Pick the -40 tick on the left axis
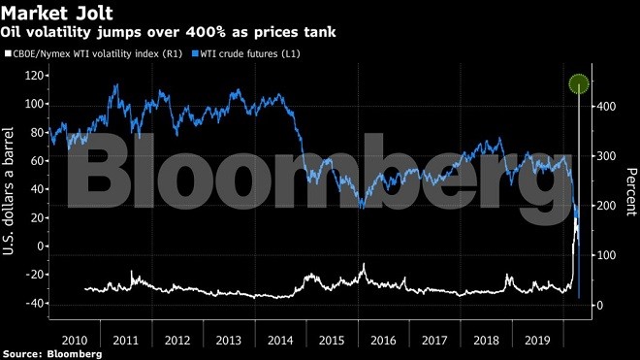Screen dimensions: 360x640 36,303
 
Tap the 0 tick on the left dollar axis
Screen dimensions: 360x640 43,246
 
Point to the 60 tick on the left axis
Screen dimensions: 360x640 39,161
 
